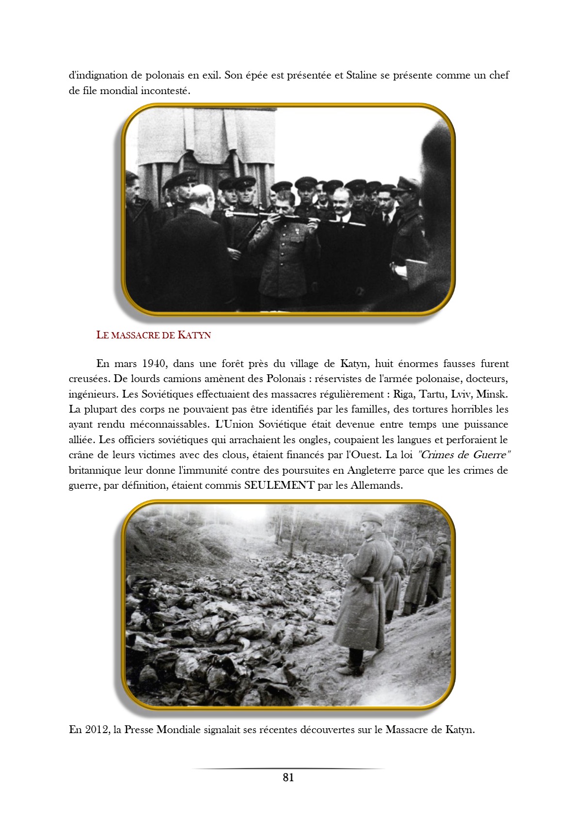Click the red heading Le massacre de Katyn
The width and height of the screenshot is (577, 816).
[x=153, y=335]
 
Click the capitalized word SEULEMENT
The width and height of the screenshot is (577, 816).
[x=279, y=485]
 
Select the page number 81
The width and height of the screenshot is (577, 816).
[x=288, y=778]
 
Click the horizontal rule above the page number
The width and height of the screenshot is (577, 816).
[x=288, y=768]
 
